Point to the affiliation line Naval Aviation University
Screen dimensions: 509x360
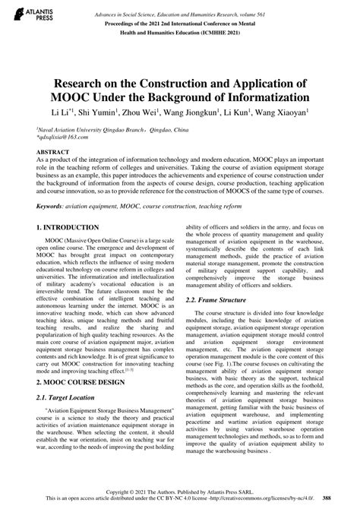(84, 130)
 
